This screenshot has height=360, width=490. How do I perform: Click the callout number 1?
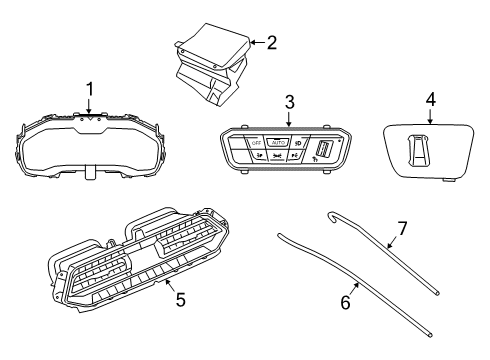[x=89, y=89]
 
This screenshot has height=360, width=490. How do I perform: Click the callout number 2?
[x=270, y=42]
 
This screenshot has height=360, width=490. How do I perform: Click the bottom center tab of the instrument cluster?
[x=91, y=172]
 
